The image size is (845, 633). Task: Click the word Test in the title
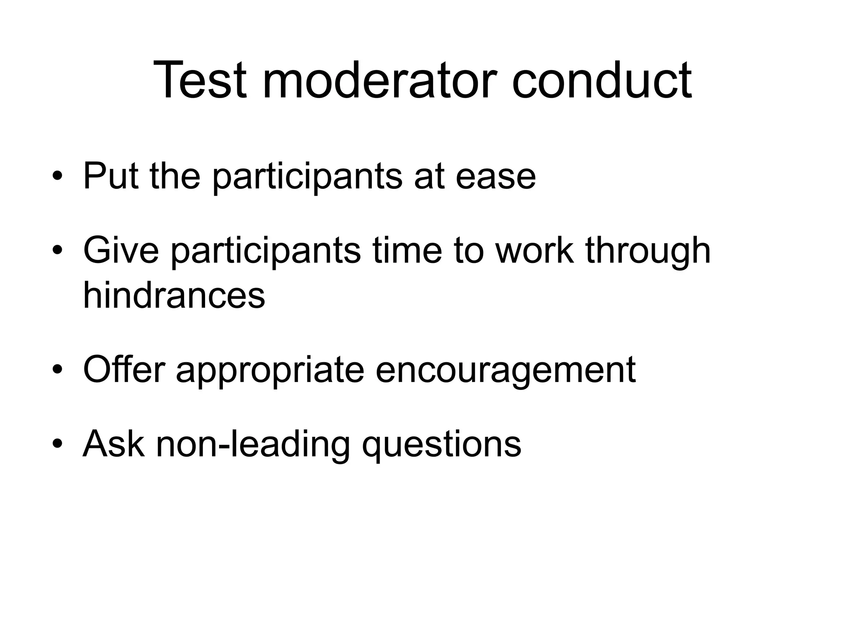[200, 80]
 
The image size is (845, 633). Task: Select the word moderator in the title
[380, 80]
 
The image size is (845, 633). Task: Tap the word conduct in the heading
[602, 80]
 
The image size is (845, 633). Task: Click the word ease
[496, 177]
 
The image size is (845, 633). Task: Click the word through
[648, 251]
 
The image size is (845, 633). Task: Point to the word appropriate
[270, 370]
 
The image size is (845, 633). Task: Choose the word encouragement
[505, 370]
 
